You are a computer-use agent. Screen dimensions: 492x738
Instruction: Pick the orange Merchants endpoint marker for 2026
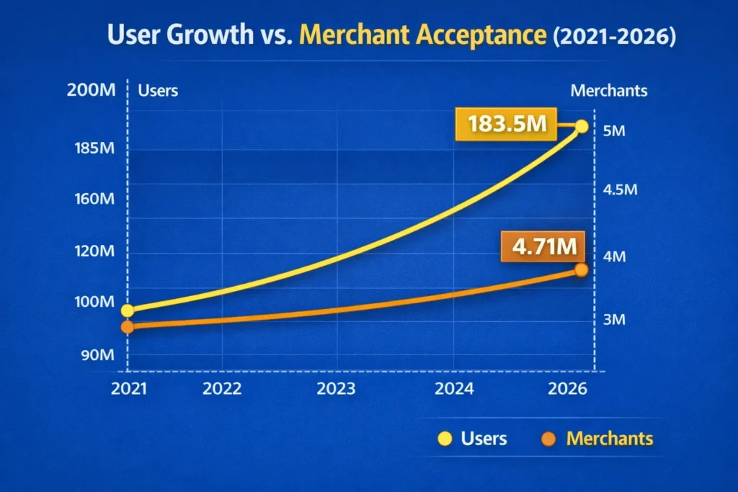point(582,269)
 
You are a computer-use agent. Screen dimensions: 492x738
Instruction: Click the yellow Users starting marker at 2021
point(128,310)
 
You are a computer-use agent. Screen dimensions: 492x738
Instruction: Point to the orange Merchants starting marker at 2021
point(128,327)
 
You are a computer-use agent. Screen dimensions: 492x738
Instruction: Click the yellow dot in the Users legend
point(445,439)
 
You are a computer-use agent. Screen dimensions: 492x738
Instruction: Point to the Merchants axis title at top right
point(608,91)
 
